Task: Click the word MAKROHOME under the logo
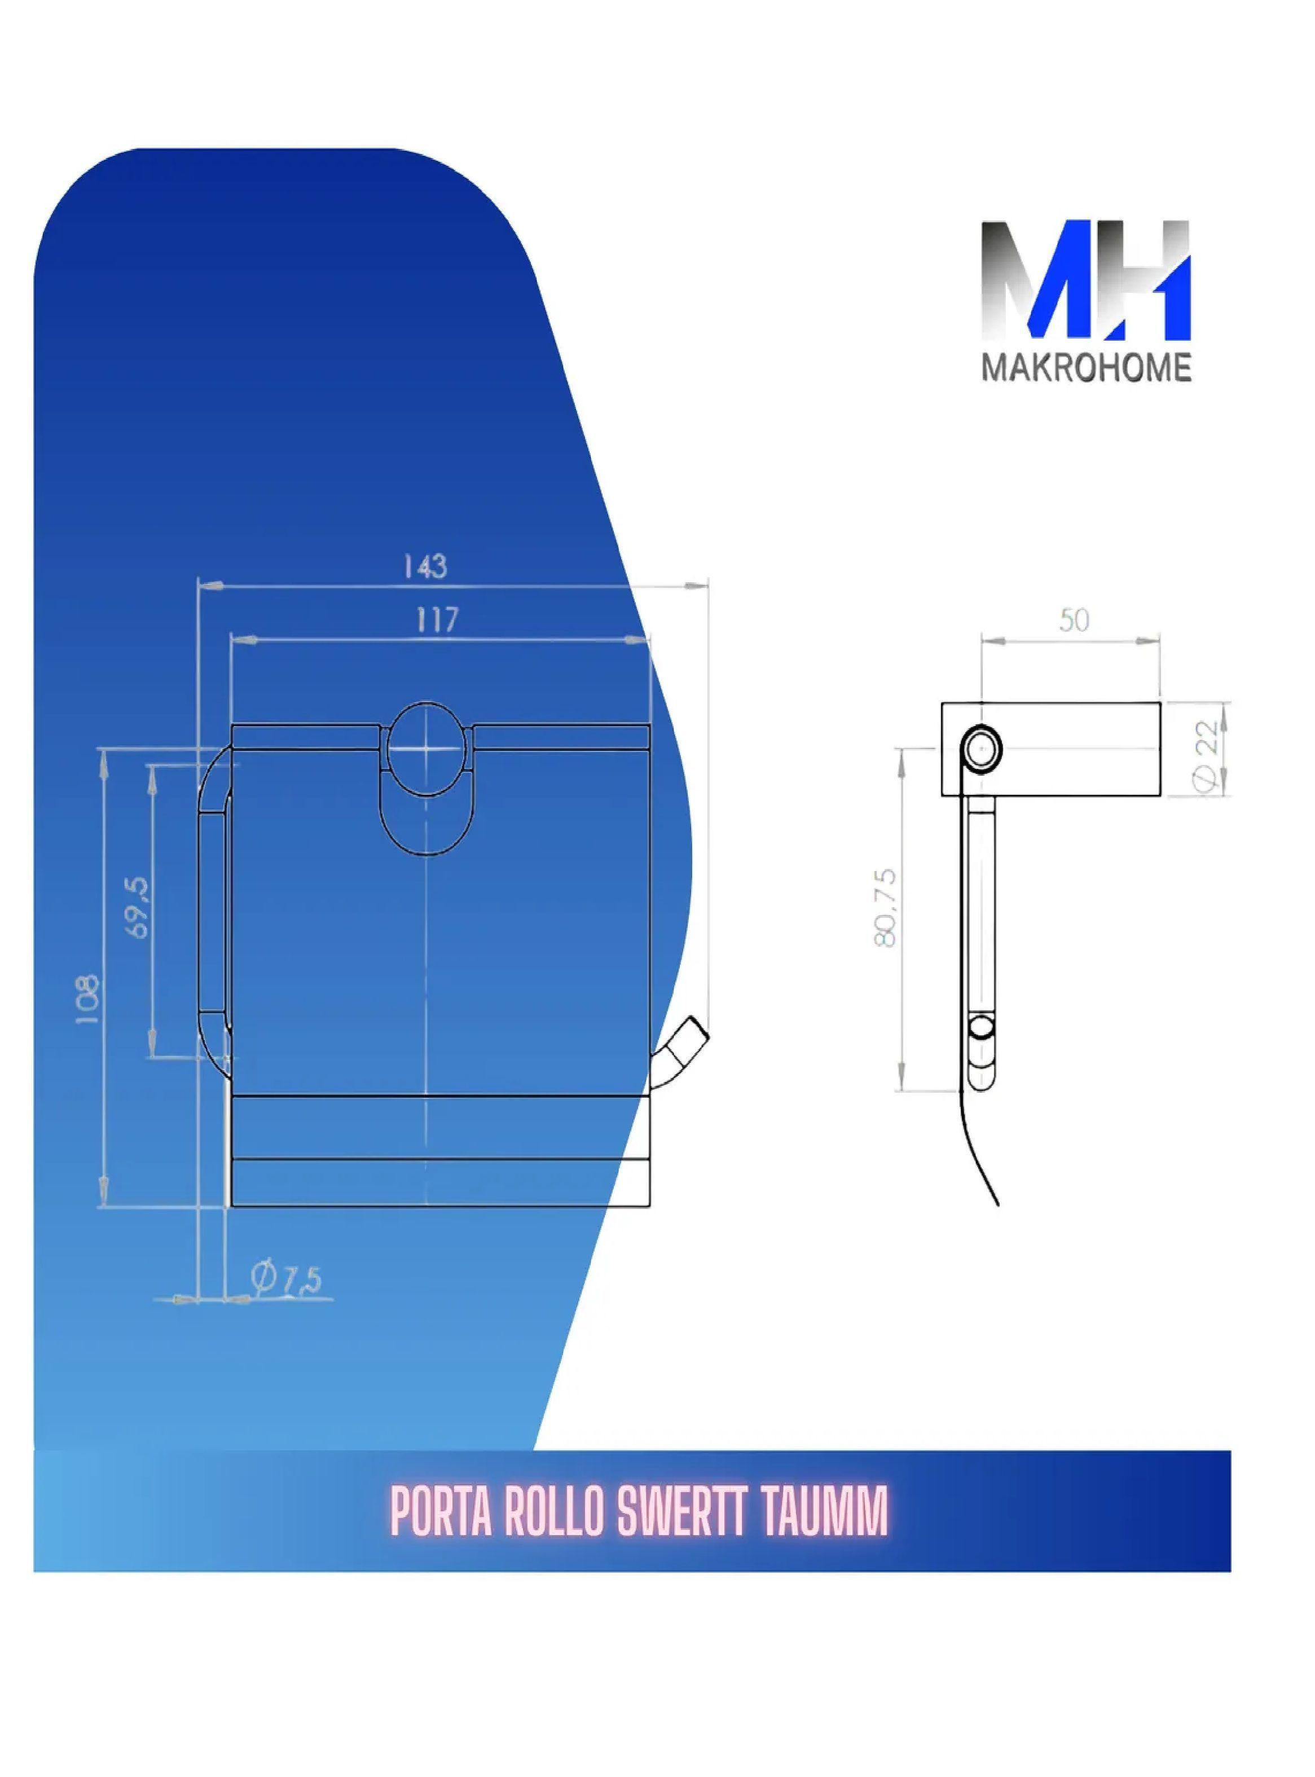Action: pyautogui.click(x=1087, y=370)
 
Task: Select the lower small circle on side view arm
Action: pyautogui.click(x=982, y=1029)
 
